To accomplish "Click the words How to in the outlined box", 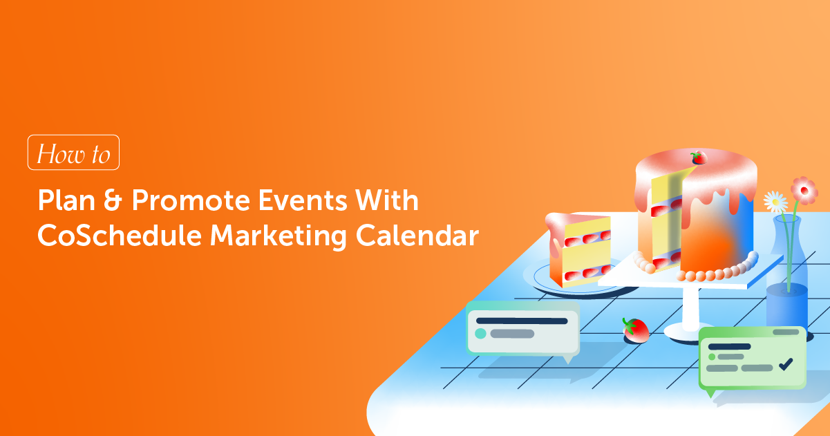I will pyautogui.click(x=73, y=153).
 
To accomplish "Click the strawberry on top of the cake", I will pyautogui.click(x=699, y=158).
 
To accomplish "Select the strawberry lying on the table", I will pyautogui.click(x=636, y=330).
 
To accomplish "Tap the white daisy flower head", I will pyautogui.click(x=775, y=202).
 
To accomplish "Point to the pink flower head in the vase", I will pyautogui.click(x=804, y=189).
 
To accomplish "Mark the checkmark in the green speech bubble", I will pyautogui.click(x=785, y=363).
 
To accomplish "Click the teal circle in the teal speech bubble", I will pyautogui.click(x=480, y=334).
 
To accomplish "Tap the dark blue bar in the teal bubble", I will pyautogui.click(x=522, y=321).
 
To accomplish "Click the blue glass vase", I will pyautogui.click(x=786, y=283).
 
